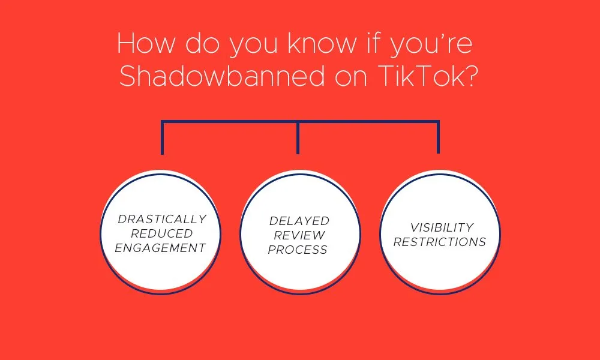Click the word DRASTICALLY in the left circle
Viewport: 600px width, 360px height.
coord(162,219)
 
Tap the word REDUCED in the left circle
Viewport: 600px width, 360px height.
coord(162,233)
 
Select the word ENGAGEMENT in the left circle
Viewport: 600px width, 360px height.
coord(161,248)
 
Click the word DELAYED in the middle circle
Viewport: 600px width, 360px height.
coord(299,221)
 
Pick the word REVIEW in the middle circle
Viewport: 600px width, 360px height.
coord(299,236)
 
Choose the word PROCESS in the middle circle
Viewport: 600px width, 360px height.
coord(298,250)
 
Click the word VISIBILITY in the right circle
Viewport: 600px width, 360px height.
coord(442,228)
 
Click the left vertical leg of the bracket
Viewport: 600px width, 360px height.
coord(162,138)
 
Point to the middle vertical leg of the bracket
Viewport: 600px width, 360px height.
coord(298,138)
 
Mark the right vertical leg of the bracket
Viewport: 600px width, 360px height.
coord(438,138)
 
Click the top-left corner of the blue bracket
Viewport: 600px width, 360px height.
coord(163,122)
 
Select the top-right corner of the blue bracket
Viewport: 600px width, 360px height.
coord(438,122)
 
